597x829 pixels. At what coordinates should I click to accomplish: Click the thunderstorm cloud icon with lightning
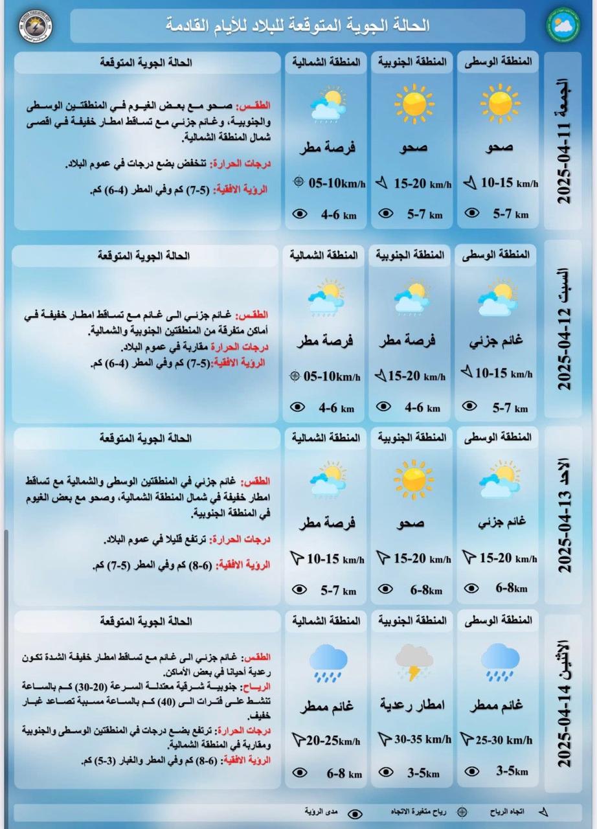click(414, 662)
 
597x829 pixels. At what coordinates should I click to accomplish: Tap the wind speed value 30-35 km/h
click(422, 739)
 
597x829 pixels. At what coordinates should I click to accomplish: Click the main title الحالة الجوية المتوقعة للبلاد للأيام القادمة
click(298, 25)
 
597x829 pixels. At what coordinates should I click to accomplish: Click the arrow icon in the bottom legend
click(543, 812)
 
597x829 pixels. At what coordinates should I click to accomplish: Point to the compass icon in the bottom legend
click(462, 812)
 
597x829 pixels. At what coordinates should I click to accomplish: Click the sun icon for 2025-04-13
click(414, 480)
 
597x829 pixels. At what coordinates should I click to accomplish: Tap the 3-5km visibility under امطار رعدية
click(422, 773)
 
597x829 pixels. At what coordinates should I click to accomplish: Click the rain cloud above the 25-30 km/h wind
click(500, 661)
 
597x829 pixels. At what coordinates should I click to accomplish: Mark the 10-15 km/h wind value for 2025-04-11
click(509, 183)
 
